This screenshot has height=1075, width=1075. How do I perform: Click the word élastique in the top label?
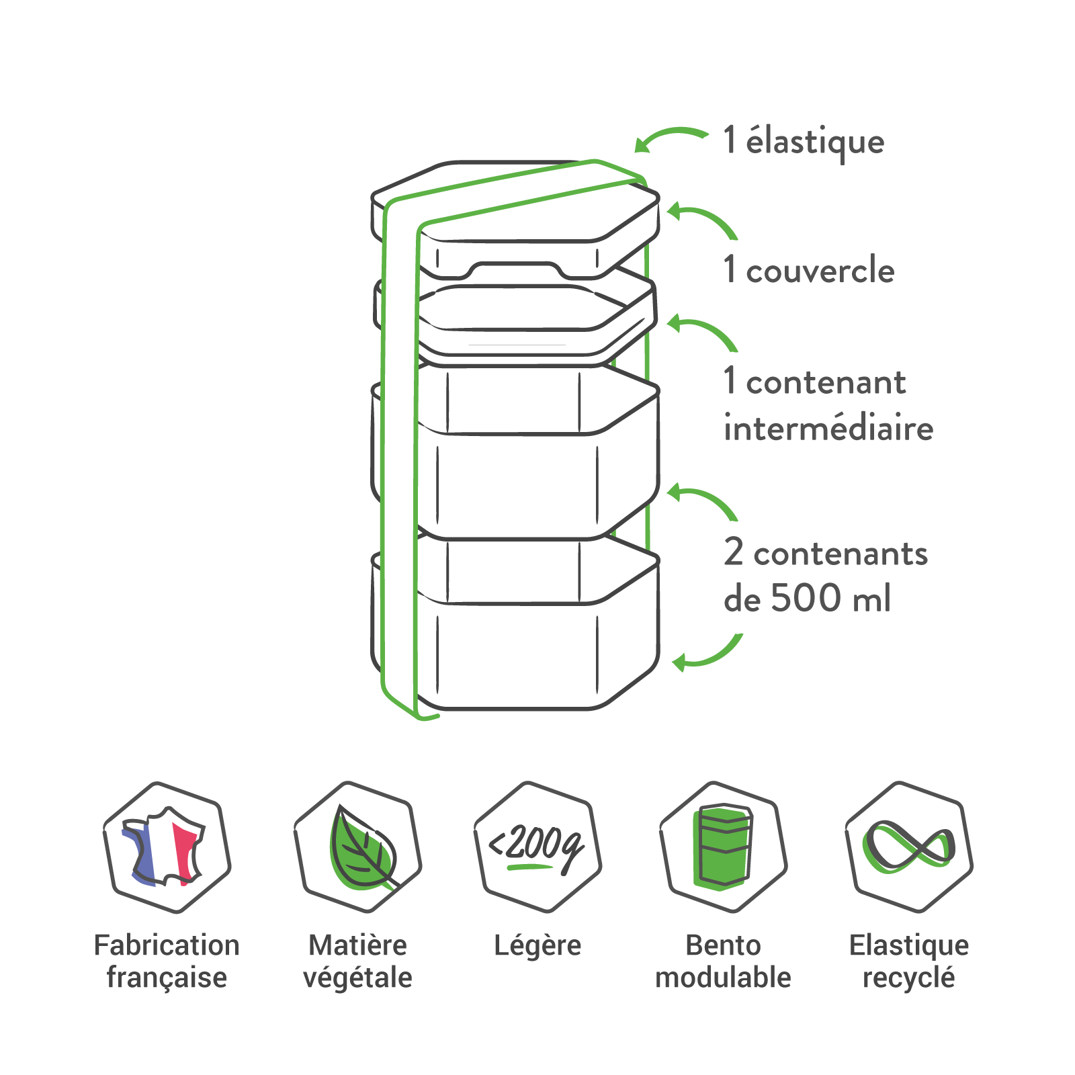tap(815, 142)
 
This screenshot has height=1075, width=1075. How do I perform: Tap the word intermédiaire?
tap(828, 429)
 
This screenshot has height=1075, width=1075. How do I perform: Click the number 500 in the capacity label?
tap(806, 597)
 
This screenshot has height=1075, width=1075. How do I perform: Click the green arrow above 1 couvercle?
tap(703, 219)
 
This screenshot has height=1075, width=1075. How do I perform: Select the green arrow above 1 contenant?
tap(703, 331)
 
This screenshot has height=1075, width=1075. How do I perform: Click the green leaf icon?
tap(359, 847)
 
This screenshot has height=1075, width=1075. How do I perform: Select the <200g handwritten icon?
tap(537, 847)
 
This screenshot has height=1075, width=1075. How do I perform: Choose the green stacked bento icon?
tap(723, 847)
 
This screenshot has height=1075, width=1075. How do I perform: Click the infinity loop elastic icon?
tap(908, 847)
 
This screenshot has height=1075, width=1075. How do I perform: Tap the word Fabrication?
tap(167, 945)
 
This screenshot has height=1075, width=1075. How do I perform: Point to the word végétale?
tap(357, 978)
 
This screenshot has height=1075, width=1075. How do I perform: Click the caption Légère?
tap(537, 945)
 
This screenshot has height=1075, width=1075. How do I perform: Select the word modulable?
tap(723, 978)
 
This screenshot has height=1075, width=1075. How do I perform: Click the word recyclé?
tap(908, 978)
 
